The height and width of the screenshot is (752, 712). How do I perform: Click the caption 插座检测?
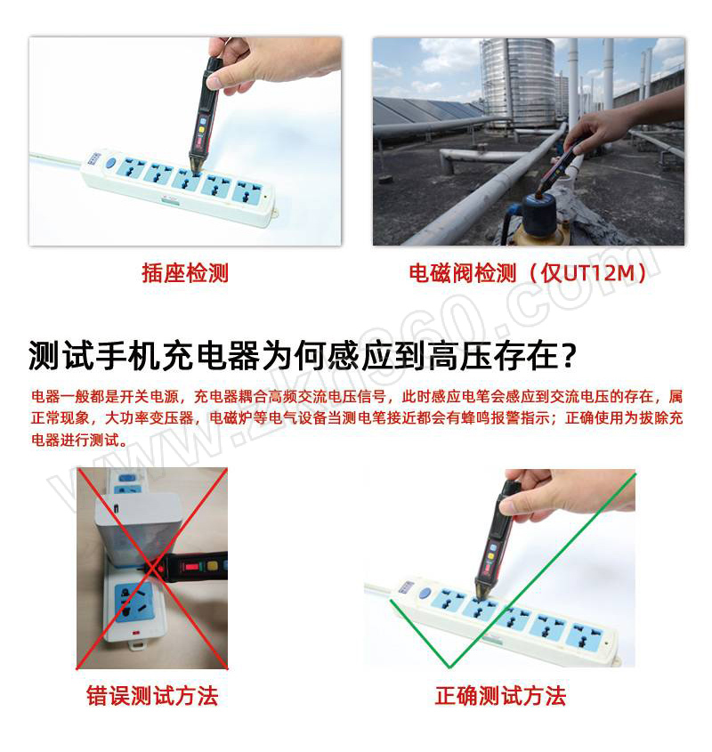(185, 273)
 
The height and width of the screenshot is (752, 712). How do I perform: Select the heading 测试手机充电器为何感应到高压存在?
(302, 355)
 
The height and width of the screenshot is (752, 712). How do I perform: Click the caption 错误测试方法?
(152, 695)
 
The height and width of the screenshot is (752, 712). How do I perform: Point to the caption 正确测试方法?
(500, 695)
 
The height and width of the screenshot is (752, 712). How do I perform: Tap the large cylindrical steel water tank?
(517, 83)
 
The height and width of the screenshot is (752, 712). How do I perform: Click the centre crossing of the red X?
(152, 569)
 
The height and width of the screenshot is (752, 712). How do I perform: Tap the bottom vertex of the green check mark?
(449, 667)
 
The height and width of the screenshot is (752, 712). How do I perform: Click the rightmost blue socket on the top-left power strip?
(247, 190)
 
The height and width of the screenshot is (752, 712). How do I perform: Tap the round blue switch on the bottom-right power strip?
(425, 594)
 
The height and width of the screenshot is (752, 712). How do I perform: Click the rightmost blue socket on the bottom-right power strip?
(584, 636)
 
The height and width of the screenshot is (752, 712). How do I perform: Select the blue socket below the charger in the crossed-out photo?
(133, 602)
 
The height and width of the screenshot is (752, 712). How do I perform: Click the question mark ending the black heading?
(568, 355)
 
